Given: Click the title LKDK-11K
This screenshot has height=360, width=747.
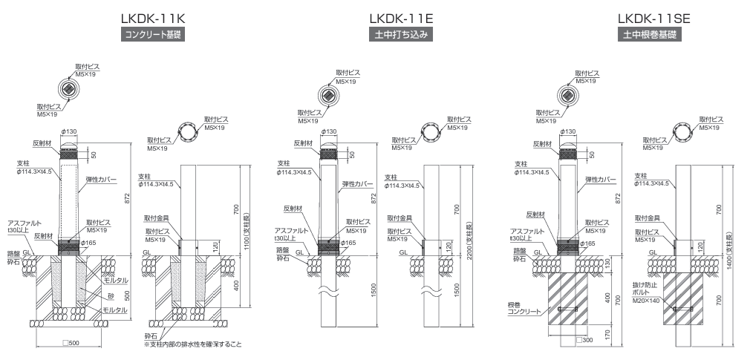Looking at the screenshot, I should (x=153, y=18).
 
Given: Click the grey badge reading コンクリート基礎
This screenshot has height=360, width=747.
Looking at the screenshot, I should (x=153, y=34).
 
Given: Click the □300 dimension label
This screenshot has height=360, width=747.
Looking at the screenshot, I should (x=587, y=339).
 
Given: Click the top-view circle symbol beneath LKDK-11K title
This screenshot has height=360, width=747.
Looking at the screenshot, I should (x=68, y=91).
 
